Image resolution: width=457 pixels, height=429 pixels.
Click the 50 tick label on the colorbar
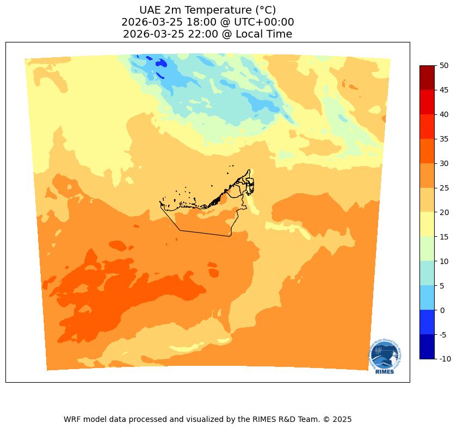point(444,65)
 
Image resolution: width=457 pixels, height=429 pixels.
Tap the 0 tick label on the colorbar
point(442,310)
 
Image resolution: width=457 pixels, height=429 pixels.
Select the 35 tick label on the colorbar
point(444,139)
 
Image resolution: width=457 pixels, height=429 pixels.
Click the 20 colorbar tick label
point(444,212)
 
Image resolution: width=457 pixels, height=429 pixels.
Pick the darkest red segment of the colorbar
point(427,77)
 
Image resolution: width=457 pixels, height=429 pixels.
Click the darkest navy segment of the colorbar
point(427,347)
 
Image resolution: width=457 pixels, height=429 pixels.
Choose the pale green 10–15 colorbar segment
point(427,249)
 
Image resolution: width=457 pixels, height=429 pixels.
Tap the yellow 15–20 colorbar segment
point(427,224)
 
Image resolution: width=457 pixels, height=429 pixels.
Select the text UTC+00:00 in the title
point(264,22)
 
